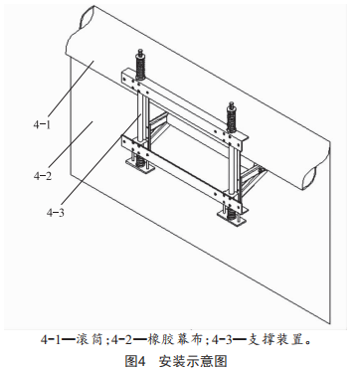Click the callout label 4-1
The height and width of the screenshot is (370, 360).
[42, 124]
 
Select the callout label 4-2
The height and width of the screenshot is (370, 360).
[43, 176]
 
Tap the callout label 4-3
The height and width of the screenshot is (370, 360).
[55, 213]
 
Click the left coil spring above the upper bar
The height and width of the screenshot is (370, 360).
[140, 65]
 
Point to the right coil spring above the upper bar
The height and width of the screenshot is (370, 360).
[232, 118]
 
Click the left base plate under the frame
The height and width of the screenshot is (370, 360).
[140, 166]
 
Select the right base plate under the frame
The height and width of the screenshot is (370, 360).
[233, 218]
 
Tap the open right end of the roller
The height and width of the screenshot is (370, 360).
[312, 177]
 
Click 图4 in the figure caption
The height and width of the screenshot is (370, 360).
[135, 361]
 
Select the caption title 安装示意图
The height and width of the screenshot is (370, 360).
[193, 361]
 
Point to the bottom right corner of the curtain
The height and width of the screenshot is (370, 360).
[331, 324]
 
